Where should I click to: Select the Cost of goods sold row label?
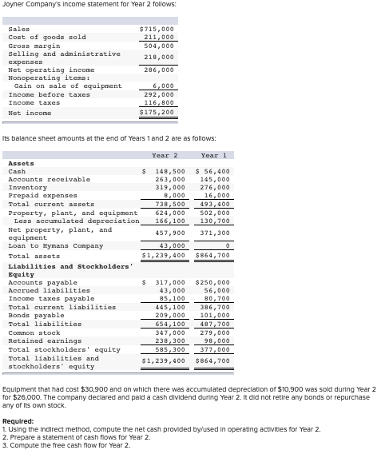pos(46,37)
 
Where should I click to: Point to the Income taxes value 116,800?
pos(159,103)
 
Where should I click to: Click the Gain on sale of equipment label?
pos(68,86)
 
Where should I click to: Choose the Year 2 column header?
pos(164,154)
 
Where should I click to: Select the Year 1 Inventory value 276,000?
pos(214,187)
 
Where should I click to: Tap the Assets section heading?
pos(21,163)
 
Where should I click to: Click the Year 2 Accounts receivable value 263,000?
pos(169,179)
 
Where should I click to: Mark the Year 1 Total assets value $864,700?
pos(212,255)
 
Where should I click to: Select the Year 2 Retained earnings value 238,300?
pos(169,340)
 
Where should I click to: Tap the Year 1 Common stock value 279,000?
pos(214,333)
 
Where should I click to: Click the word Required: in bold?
pos(18,421)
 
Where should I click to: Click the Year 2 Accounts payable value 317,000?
pos(169,282)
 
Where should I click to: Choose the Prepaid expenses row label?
pos(42,195)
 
